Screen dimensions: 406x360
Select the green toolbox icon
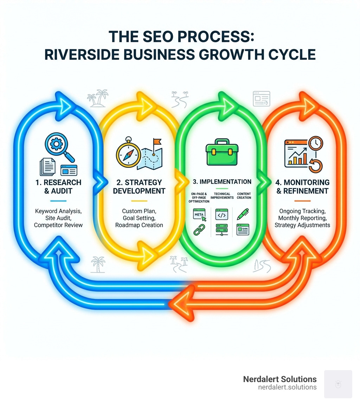220,152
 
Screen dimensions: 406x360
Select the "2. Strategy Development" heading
139,186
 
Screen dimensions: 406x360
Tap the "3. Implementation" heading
222,182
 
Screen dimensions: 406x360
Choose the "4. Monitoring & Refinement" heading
302,186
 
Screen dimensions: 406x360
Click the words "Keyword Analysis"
58,211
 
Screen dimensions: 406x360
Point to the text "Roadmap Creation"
139,225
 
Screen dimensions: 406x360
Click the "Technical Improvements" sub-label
222,196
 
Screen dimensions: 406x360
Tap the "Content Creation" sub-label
244,196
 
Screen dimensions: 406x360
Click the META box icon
199,214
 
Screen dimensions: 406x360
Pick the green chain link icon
199,230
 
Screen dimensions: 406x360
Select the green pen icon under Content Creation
243,214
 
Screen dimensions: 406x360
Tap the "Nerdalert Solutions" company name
279,379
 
